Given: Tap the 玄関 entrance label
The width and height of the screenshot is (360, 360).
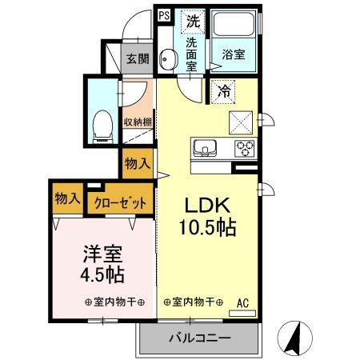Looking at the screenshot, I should tap(138, 58).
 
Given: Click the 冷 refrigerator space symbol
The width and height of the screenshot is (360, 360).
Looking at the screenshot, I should tap(223, 91).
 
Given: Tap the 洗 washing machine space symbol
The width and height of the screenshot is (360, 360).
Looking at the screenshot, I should tap(192, 17).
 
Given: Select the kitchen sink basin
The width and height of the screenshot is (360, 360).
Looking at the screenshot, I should tap(203, 147).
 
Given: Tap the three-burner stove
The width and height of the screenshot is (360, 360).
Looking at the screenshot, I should tap(243, 147).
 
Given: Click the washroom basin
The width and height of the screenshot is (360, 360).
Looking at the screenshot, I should tap(168, 57).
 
